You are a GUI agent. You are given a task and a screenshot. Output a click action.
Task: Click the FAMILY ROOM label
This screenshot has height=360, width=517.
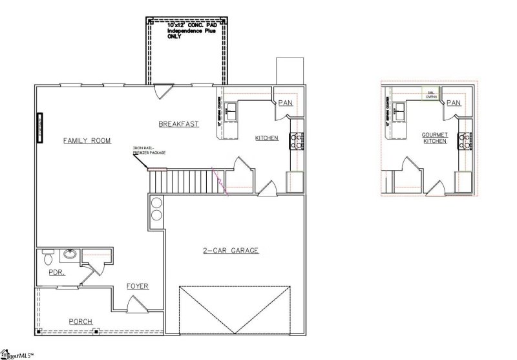87,140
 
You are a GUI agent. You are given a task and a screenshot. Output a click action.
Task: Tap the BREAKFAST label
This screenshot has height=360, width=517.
178,123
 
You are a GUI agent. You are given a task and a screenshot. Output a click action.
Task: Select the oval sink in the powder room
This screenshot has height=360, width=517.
69,255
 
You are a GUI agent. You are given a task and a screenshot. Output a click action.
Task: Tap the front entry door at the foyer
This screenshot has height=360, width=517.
134,302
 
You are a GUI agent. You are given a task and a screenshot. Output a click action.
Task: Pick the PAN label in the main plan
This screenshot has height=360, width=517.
286,102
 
